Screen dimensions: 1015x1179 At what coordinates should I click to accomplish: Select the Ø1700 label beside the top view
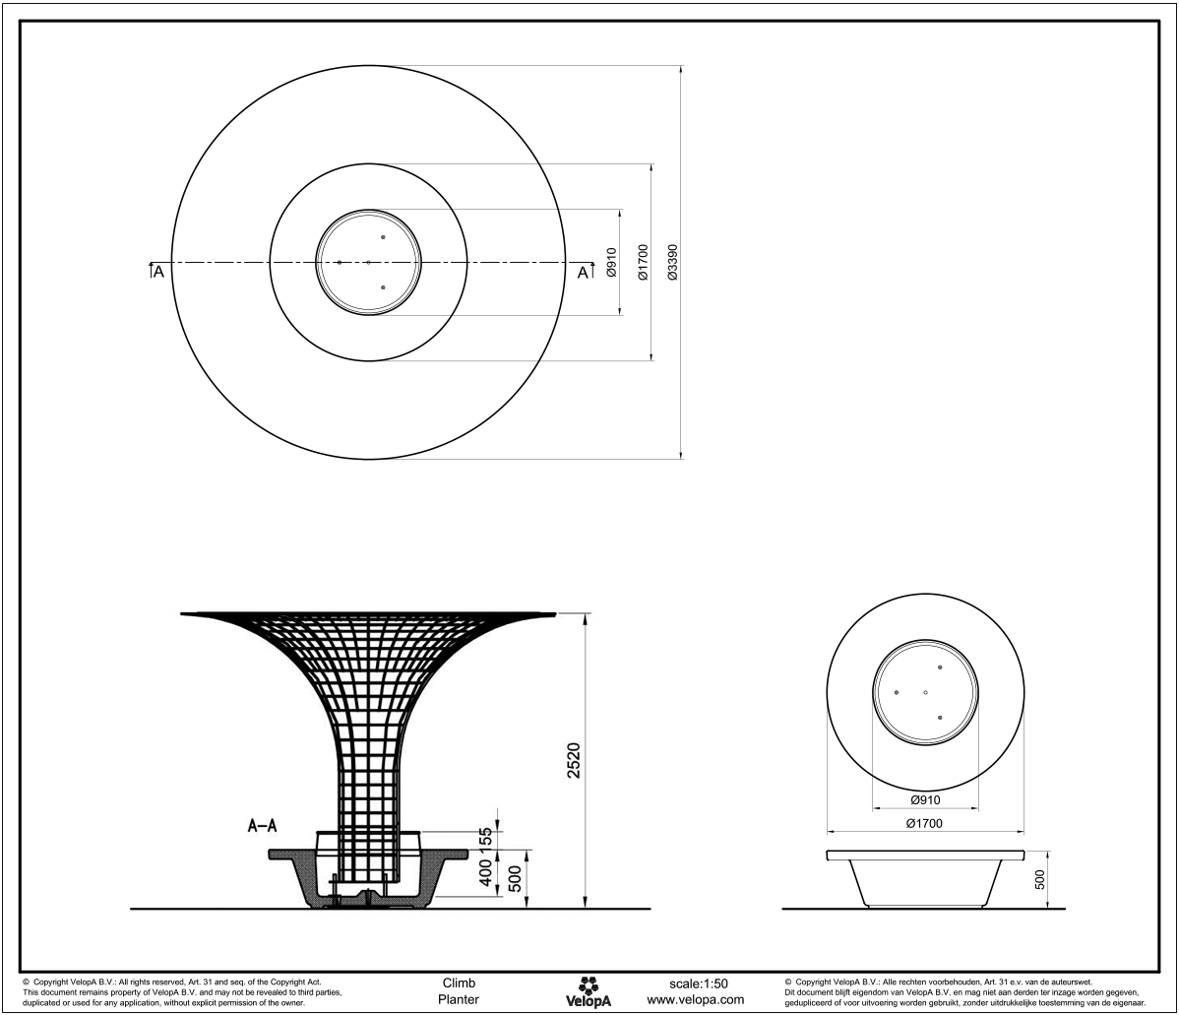tap(642, 263)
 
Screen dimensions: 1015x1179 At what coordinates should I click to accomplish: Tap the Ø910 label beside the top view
tap(612, 263)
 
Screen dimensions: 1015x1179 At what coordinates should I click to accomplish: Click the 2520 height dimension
tap(574, 759)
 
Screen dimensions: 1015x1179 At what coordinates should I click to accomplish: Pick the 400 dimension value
tap(486, 873)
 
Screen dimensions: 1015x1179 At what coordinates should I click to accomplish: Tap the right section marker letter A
tap(583, 272)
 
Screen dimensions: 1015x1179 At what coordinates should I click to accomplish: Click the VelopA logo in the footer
tap(589, 991)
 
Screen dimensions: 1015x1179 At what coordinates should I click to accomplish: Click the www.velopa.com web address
tap(696, 999)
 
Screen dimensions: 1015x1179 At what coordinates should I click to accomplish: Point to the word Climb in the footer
tap(460, 983)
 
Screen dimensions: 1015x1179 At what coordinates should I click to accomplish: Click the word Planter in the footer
tap(460, 999)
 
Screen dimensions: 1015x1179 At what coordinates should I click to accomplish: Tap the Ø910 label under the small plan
tap(924, 800)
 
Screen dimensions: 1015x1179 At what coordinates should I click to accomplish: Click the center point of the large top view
tap(368, 262)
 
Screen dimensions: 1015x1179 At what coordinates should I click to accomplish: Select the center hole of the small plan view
tap(926, 693)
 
